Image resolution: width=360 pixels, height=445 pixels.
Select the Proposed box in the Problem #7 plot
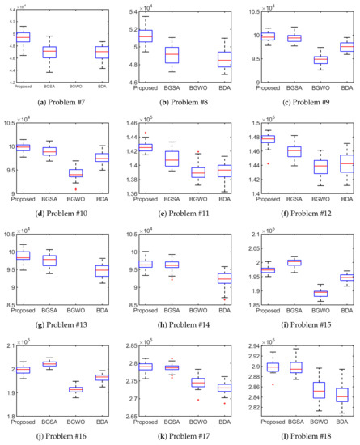23,36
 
